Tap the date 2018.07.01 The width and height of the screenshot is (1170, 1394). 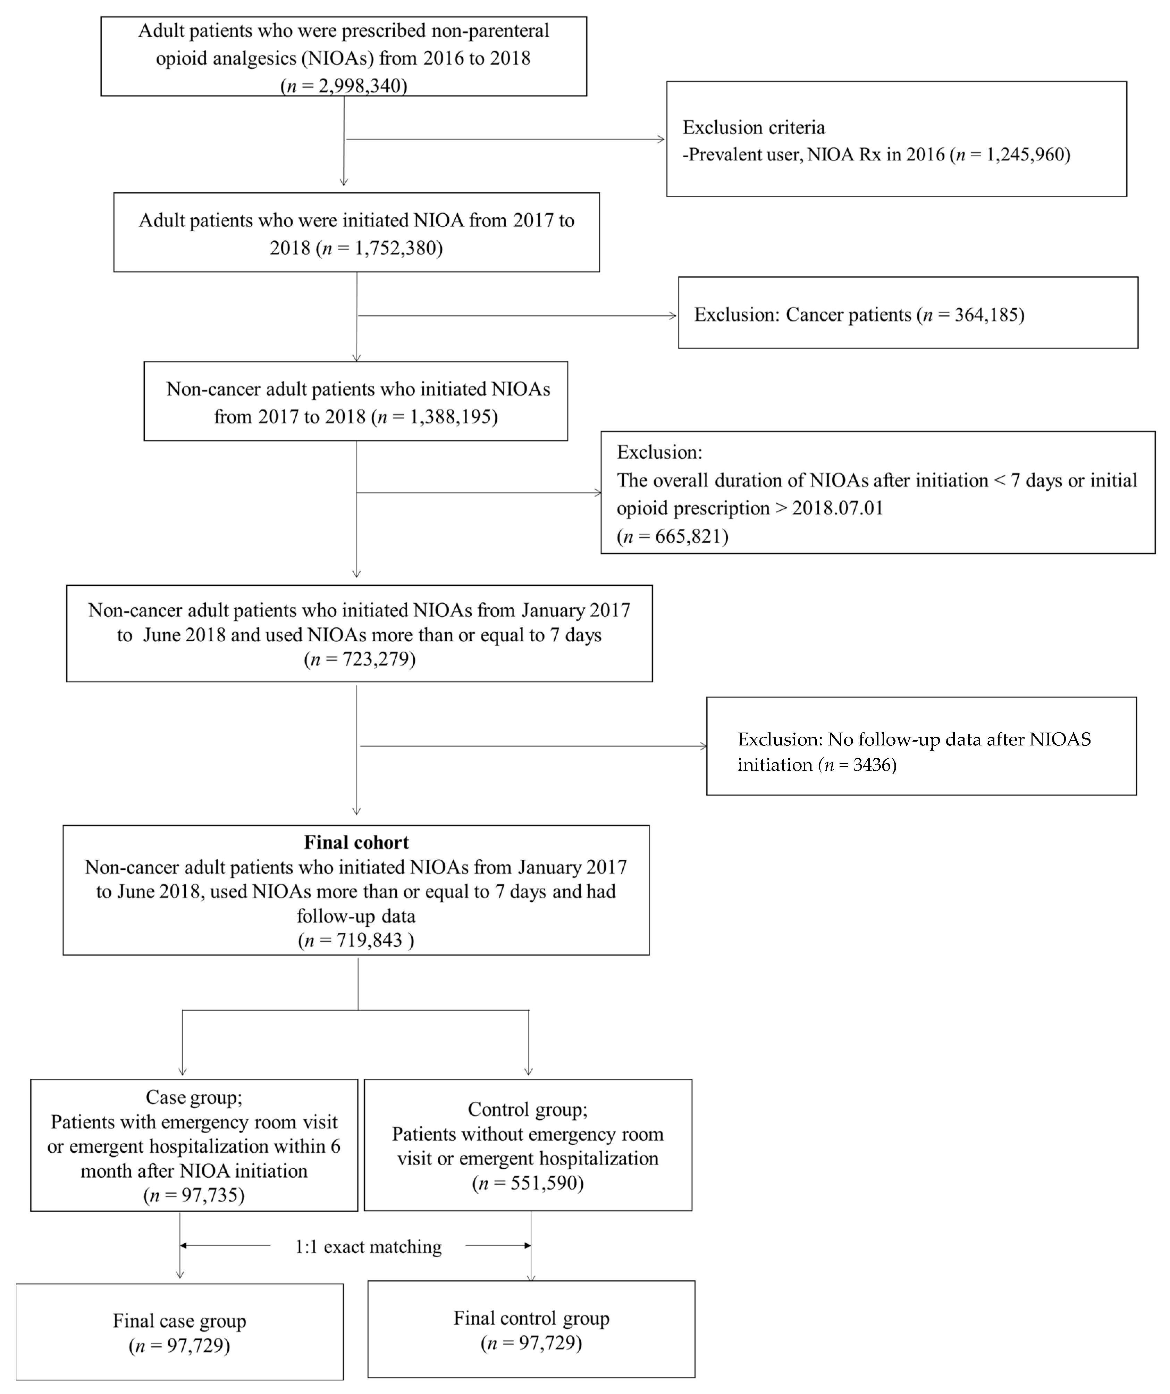(837, 509)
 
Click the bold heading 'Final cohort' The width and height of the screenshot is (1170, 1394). (356, 842)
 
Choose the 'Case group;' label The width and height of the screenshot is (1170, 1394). (194, 1097)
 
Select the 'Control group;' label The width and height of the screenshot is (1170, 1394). (528, 1109)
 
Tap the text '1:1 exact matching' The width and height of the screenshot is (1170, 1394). (368, 1247)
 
